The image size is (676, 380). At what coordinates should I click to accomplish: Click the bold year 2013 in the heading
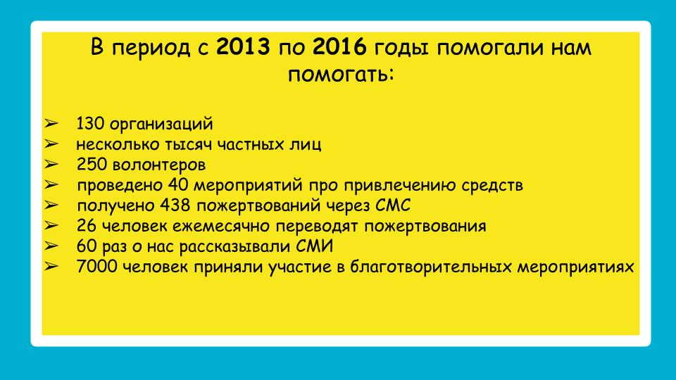(243, 46)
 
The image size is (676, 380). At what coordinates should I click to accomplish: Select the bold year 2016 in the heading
(339, 46)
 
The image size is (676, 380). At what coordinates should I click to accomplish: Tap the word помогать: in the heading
(341, 75)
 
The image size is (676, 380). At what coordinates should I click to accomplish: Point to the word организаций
(162, 125)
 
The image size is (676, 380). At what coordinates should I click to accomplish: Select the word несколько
(118, 144)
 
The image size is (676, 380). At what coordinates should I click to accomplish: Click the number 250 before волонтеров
(92, 165)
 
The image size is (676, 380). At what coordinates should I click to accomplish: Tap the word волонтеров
(158, 165)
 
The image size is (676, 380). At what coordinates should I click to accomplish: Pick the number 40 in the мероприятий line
(177, 185)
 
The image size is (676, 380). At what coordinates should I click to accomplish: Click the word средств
(492, 186)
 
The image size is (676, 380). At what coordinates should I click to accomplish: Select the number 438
(175, 205)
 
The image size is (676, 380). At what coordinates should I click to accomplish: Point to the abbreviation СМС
(393, 205)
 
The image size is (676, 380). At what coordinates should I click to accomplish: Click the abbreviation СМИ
(314, 246)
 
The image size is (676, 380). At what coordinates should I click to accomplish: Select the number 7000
(96, 267)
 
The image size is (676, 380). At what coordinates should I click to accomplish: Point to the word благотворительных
(431, 267)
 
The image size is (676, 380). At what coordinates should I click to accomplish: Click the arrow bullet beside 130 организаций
(51, 124)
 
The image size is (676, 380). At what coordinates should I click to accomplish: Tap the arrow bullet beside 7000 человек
(51, 267)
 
